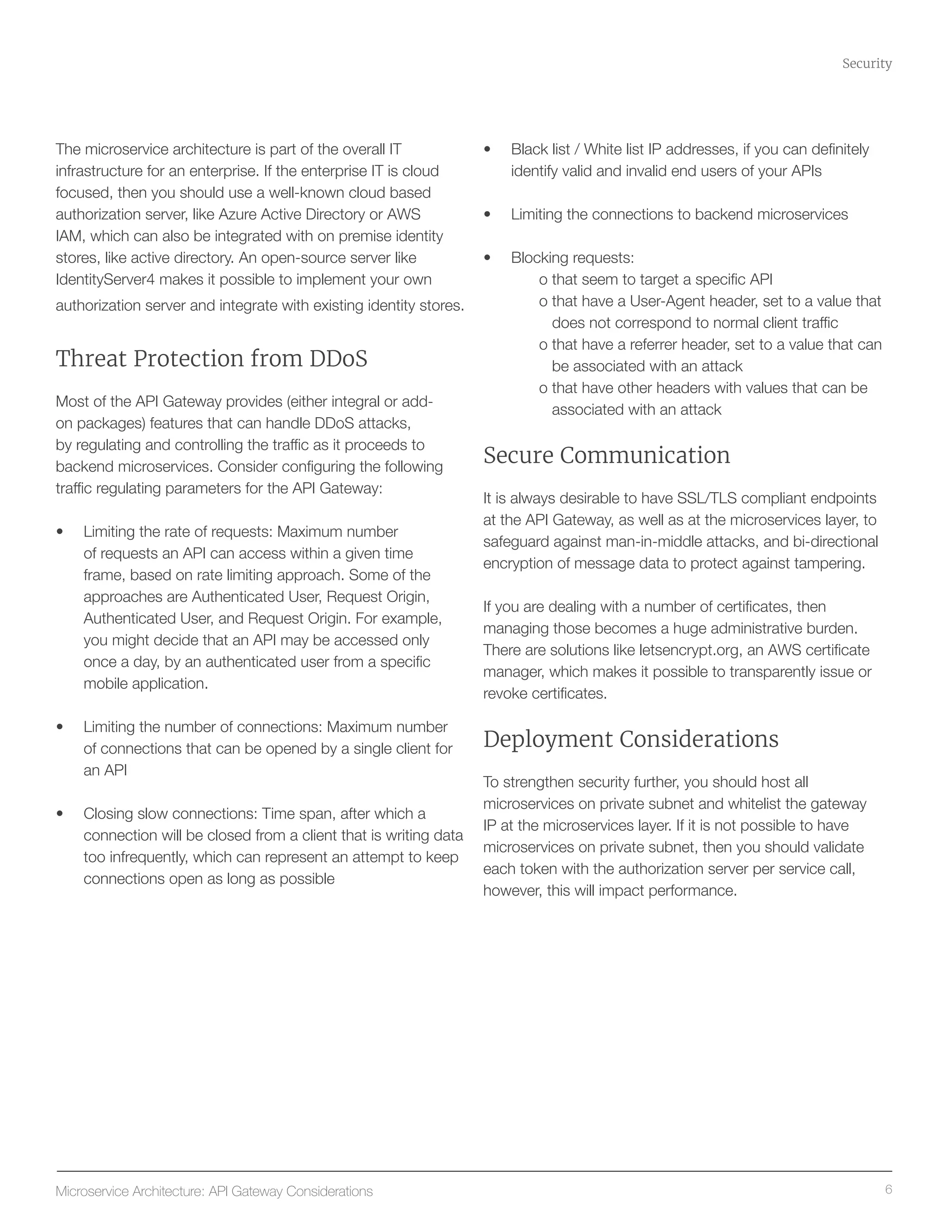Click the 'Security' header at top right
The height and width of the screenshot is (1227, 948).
pos(866,63)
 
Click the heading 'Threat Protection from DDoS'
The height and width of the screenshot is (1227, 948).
pos(211,358)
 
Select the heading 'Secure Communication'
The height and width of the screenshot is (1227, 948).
pos(606,455)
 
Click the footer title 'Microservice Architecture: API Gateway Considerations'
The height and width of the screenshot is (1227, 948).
pos(214,1191)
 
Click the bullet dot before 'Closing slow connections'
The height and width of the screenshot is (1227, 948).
pos(60,814)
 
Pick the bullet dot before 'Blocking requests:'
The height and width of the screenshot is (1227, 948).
pos(487,258)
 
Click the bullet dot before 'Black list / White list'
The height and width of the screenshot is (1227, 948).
pos(487,150)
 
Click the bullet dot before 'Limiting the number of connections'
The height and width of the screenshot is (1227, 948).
pos(60,727)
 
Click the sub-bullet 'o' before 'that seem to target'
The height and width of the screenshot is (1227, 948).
pos(543,280)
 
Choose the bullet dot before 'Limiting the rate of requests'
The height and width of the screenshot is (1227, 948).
pos(60,532)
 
